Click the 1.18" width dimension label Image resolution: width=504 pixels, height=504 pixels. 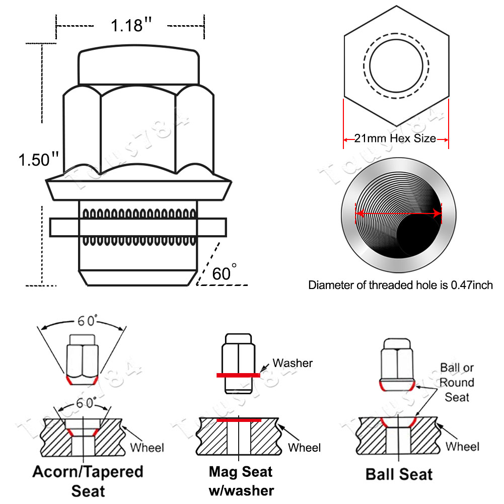point(130,26)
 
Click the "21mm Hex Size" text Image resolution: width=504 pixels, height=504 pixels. point(396,138)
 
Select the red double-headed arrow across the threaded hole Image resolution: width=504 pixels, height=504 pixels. point(398,213)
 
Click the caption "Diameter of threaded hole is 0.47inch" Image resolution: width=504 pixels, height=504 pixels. point(400,285)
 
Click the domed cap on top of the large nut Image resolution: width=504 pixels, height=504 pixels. point(137,66)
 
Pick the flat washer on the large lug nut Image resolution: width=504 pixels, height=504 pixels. point(138,227)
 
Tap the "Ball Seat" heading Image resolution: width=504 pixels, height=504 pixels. point(399,474)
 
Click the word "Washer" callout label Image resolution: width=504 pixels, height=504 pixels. point(293,363)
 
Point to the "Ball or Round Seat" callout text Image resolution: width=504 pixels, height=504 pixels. point(457,382)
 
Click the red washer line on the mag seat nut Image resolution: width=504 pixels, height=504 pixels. point(238,375)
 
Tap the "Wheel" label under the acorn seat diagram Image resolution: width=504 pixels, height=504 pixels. point(147,447)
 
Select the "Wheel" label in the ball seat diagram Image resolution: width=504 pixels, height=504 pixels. point(462,446)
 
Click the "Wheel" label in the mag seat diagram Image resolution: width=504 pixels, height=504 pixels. point(304,447)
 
